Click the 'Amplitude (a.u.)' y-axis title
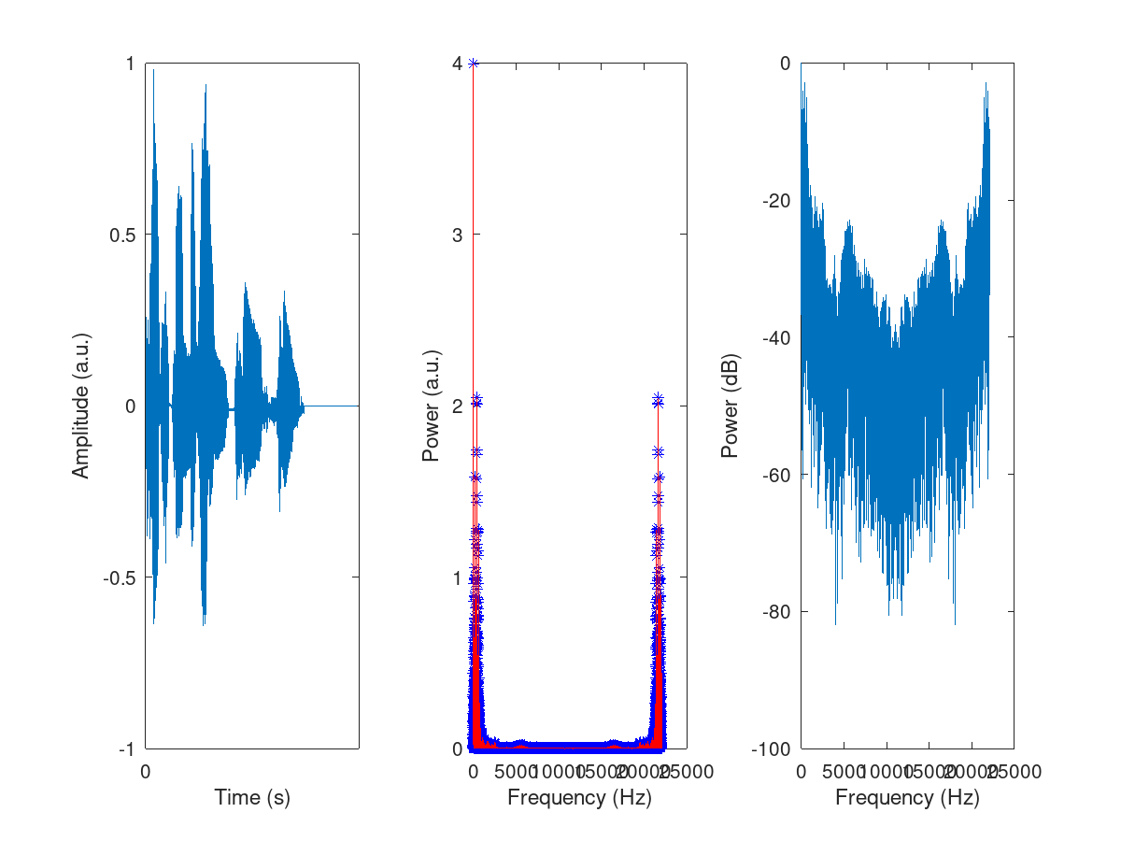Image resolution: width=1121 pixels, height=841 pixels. click(81, 406)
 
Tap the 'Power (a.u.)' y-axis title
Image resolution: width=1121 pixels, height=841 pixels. click(431, 406)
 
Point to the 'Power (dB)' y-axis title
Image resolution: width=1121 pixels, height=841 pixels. click(731, 406)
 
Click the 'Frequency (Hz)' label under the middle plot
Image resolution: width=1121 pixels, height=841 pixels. click(579, 797)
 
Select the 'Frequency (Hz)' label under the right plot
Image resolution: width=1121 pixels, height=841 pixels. click(907, 797)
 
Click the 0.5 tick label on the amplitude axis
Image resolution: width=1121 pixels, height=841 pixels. click(121, 235)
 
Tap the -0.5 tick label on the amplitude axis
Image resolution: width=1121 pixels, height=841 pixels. click(119, 577)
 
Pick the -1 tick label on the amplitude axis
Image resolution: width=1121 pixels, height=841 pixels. click(126, 748)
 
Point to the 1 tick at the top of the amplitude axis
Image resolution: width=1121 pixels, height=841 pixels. click(130, 63)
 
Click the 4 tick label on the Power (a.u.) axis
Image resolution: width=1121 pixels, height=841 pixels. click(458, 63)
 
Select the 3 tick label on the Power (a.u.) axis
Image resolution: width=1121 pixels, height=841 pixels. click(458, 235)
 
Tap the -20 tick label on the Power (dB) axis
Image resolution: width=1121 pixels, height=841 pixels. click(777, 200)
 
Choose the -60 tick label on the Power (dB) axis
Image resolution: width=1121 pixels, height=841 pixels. click(777, 475)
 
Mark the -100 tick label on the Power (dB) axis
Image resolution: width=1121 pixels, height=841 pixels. click(773, 748)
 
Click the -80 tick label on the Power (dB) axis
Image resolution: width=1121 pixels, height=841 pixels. click(777, 612)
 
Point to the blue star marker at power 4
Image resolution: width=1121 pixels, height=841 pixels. click(474, 63)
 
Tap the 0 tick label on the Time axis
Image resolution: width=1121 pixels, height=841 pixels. click(146, 772)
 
